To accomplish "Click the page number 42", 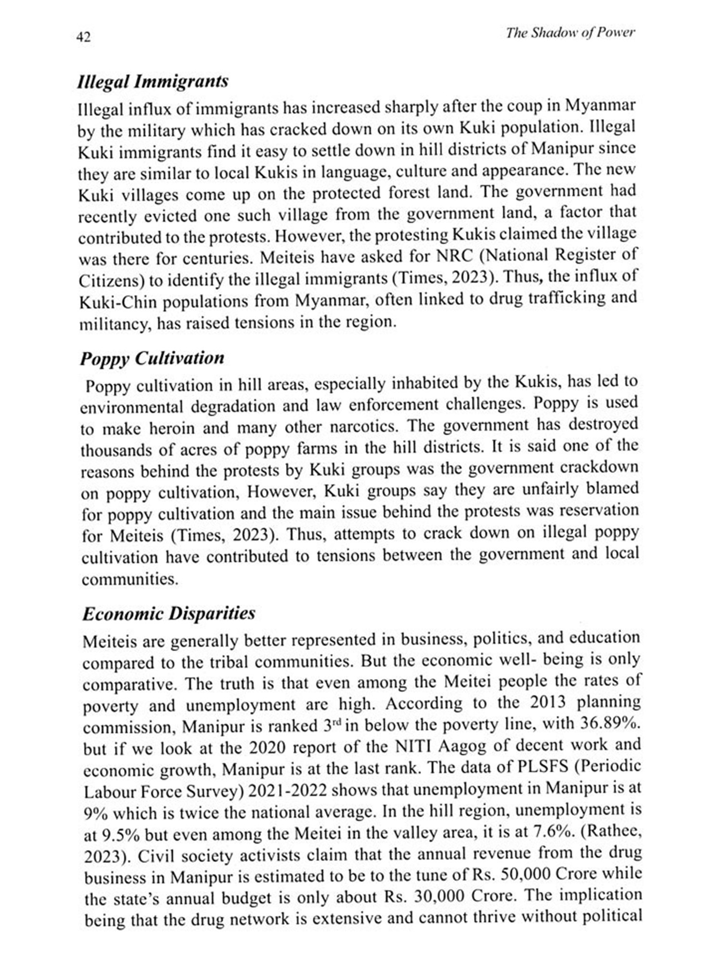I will (83, 37).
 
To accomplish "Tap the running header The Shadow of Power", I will (570, 33).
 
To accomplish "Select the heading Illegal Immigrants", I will (153, 81).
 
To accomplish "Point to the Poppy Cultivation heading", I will (152, 358).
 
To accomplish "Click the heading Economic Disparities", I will (168, 613).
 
